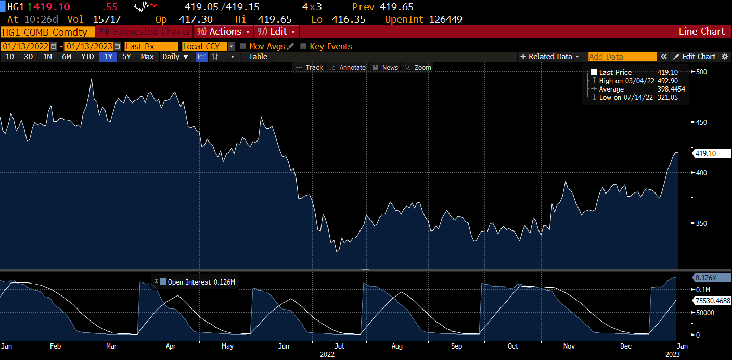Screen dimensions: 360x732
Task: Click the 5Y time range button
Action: (x=126, y=57)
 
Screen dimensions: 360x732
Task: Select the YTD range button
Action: (x=87, y=57)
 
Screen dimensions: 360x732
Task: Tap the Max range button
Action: (x=147, y=57)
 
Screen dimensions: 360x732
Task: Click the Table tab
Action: (x=258, y=57)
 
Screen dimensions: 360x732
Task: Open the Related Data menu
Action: (x=550, y=57)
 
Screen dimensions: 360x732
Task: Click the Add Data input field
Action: (x=622, y=57)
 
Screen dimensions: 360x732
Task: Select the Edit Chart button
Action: (x=695, y=57)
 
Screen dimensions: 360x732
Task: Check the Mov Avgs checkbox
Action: (x=243, y=46)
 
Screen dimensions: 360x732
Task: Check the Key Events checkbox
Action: (x=303, y=46)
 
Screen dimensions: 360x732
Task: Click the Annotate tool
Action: (x=349, y=68)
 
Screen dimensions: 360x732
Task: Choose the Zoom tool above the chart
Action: (x=418, y=68)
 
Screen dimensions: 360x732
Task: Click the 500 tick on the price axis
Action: (x=701, y=72)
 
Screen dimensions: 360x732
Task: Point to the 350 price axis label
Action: (x=701, y=223)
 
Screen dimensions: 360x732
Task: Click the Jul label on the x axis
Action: (x=339, y=346)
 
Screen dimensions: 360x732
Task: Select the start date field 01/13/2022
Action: (x=25, y=46)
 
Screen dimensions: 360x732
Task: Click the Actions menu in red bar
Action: (x=225, y=32)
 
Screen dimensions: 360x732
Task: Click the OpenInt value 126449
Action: (x=445, y=19)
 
